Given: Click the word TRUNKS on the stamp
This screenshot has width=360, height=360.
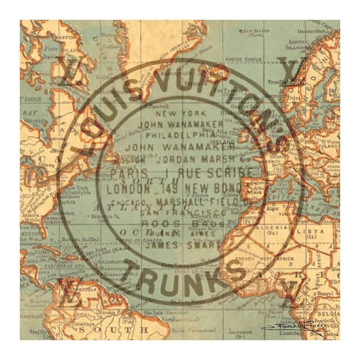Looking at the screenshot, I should (186, 275).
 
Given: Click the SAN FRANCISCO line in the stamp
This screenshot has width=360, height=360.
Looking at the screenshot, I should (184, 212).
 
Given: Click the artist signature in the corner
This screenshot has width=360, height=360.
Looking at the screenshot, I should (297, 328).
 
